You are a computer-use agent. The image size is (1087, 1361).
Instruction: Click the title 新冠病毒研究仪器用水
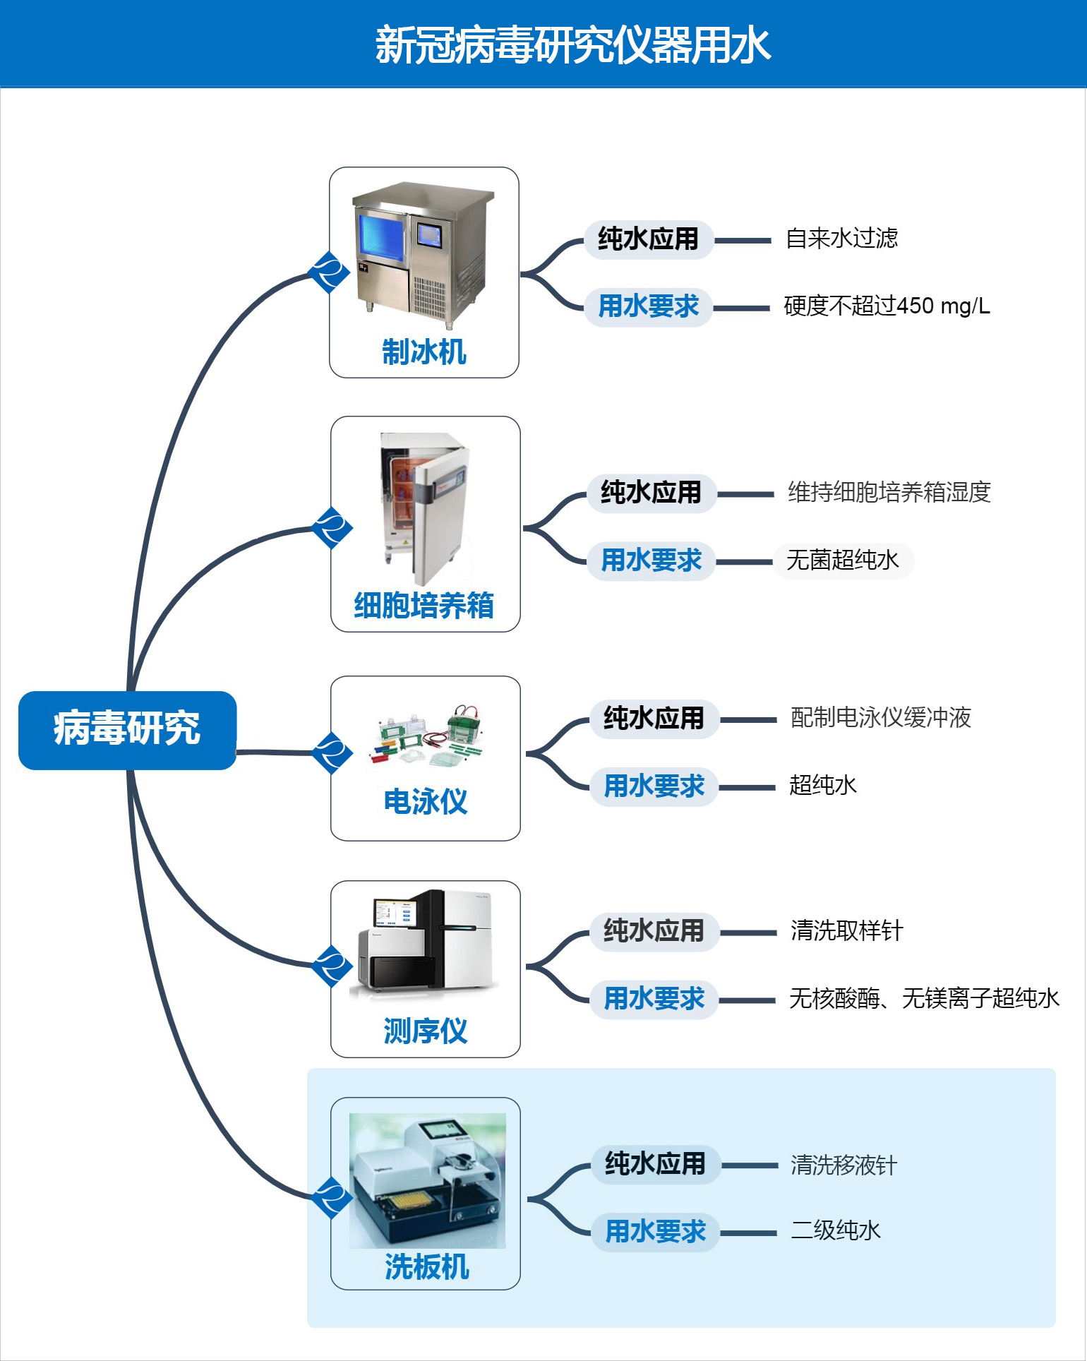tap(572, 44)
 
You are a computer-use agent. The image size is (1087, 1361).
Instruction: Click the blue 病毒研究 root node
tap(127, 729)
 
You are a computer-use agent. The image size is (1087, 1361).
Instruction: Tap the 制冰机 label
tap(424, 352)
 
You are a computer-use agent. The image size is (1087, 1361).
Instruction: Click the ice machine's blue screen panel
tap(381, 235)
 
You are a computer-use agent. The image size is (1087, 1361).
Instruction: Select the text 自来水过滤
tap(841, 239)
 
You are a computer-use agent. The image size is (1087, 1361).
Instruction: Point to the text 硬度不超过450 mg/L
tap(887, 306)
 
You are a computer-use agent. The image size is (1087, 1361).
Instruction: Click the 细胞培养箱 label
tap(424, 606)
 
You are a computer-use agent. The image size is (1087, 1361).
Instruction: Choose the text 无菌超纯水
tap(842, 560)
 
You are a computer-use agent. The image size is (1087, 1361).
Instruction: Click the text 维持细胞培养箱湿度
tap(889, 493)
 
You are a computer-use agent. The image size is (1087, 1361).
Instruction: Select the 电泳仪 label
tap(425, 802)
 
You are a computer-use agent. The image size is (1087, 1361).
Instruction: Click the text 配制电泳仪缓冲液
tap(880, 718)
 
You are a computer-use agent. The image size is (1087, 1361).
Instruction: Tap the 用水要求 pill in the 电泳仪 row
tap(654, 786)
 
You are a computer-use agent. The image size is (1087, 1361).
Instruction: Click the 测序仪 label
tap(425, 1031)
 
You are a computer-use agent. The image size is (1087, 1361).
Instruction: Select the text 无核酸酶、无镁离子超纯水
tap(924, 999)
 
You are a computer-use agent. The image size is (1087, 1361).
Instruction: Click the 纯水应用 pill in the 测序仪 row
tap(654, 931)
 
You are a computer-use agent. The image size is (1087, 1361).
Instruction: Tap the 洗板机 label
tap(426, 1267)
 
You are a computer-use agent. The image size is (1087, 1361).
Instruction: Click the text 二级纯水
tap(836, 1231)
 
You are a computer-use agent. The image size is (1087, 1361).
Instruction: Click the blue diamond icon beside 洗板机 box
tap(331, 1198)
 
